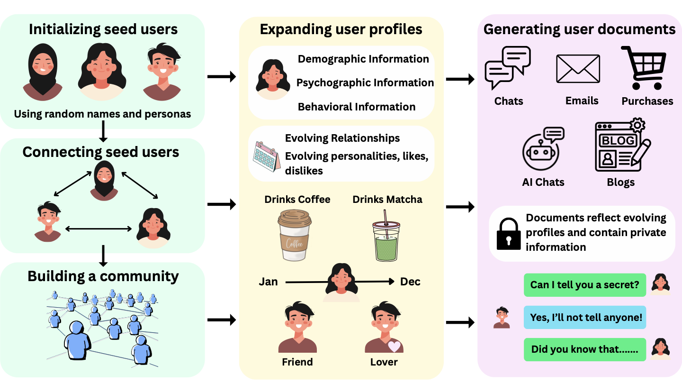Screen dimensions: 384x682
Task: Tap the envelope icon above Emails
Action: pos(578,69)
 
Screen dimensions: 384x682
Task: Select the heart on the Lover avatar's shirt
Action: pos(394,347)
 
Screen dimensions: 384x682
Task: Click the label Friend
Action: pos(297,362)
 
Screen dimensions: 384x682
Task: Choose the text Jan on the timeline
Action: pos(268,282)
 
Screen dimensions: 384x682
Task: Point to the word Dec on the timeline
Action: pos(410,282)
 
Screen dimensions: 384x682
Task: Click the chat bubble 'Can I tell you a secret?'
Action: pos(584,285)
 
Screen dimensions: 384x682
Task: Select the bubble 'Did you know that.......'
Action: pos(584,349)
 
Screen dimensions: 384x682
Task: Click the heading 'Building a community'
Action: pos(103,276)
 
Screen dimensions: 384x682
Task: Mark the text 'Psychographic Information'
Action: pos(365,83)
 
